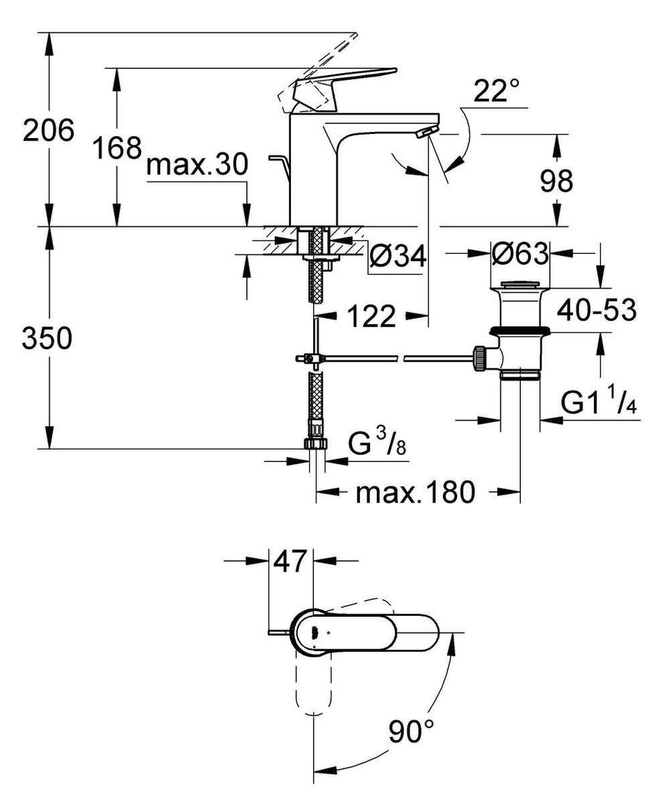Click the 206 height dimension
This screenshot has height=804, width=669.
click(x=48, y=130)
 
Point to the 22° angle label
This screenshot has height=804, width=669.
click(x=497, y=91)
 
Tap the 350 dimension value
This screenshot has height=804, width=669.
click(x=47, y=340)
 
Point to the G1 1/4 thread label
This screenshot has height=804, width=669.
click(x=598, y=403)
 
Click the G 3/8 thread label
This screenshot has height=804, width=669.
click(x=377, y=444)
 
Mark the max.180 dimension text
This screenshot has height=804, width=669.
click(x=416, y=494)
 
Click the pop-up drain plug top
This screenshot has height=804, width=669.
click(x=522, y=287)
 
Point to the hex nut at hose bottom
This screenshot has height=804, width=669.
click(x=314, y=444)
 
